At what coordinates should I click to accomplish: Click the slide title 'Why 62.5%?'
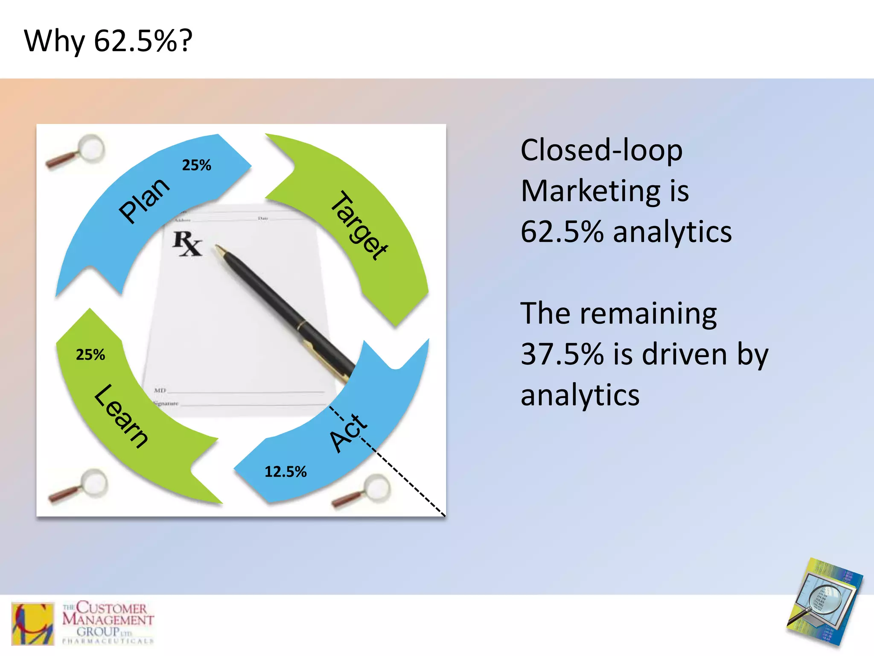(x=108, y=41)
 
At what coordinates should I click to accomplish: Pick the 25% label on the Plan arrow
(x=197, y=165)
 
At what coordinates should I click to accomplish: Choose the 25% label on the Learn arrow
(x=90, y=355)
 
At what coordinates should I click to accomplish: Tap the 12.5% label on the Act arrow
(x=286, y=472)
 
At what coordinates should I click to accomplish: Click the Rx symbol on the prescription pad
(x=186, y=243)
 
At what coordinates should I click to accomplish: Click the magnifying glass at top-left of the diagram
(x=77, y=151)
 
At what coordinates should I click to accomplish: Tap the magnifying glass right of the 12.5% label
(x=363, y=491)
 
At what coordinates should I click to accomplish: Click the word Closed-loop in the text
(x=601, y=150)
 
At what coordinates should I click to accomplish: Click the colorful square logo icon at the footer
(x=33, y=623)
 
